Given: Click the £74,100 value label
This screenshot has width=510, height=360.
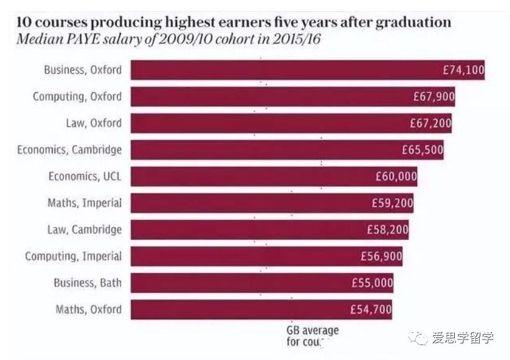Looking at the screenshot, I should coord(463,70).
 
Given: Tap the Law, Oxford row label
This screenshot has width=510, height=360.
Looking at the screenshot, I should coord(94,123).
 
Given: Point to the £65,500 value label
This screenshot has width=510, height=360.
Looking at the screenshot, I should coord(422,150).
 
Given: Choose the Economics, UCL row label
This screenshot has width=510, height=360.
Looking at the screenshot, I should coord(85,177).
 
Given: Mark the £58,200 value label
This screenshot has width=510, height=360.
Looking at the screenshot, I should coord(387,230).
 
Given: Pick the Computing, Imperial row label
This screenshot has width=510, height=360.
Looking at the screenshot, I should coord(73,257).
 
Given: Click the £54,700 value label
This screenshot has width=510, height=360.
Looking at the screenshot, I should coord(371,309).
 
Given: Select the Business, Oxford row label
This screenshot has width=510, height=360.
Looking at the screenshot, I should coord(82,70).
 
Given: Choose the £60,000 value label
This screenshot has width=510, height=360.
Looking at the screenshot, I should coord(396,177).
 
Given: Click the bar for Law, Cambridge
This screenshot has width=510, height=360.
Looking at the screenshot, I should coord(270,230).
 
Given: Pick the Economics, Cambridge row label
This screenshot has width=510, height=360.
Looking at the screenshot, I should coord(69,150).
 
